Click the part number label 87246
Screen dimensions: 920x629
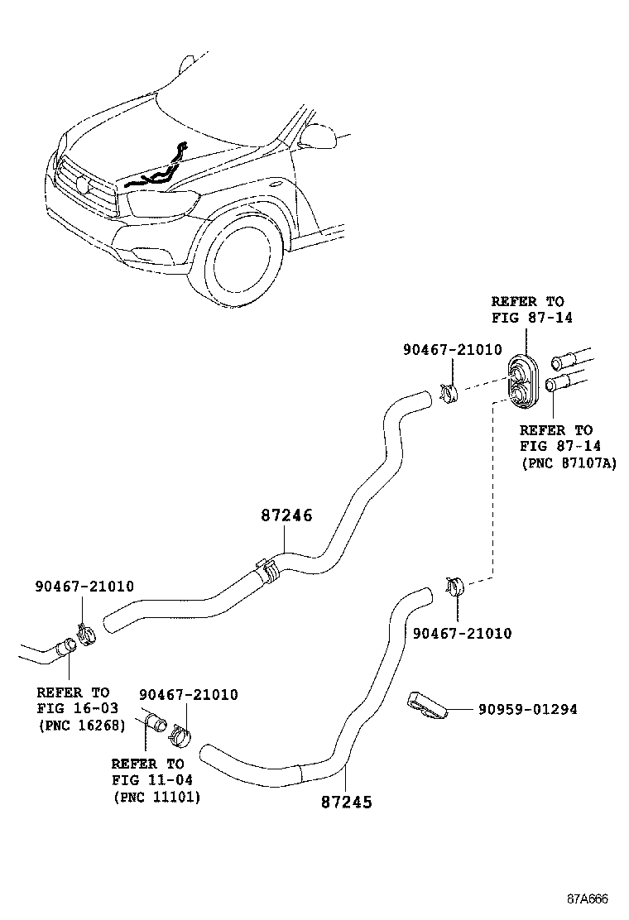pyautogui.click(x=286, y=515)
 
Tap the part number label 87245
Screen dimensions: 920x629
pyautogui.click(x=346, y=802)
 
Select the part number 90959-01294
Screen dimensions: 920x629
pyautogui.click(x=527, y=710)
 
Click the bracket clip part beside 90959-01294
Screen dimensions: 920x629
pyautogui.click(x=427, y=703)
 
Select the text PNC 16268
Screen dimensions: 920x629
pyautogui.click(x=81, y=726)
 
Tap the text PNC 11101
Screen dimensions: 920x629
pyautogui.click(x=156, y=797)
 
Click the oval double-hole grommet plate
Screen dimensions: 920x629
pyautogui.click(x=523, y=382)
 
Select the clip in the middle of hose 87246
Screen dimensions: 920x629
pyautogui.click(x=266, y=570)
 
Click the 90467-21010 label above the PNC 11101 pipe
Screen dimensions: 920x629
pyautogui.click(x=188, y=695)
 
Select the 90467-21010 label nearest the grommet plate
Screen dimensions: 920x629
pyautogui.click(x=452, y=350)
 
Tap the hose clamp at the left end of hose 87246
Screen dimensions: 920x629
pyautogui.click(x=86, y=636)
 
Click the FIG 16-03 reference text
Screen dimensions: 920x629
pyautogui.click(x=78, y=709)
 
